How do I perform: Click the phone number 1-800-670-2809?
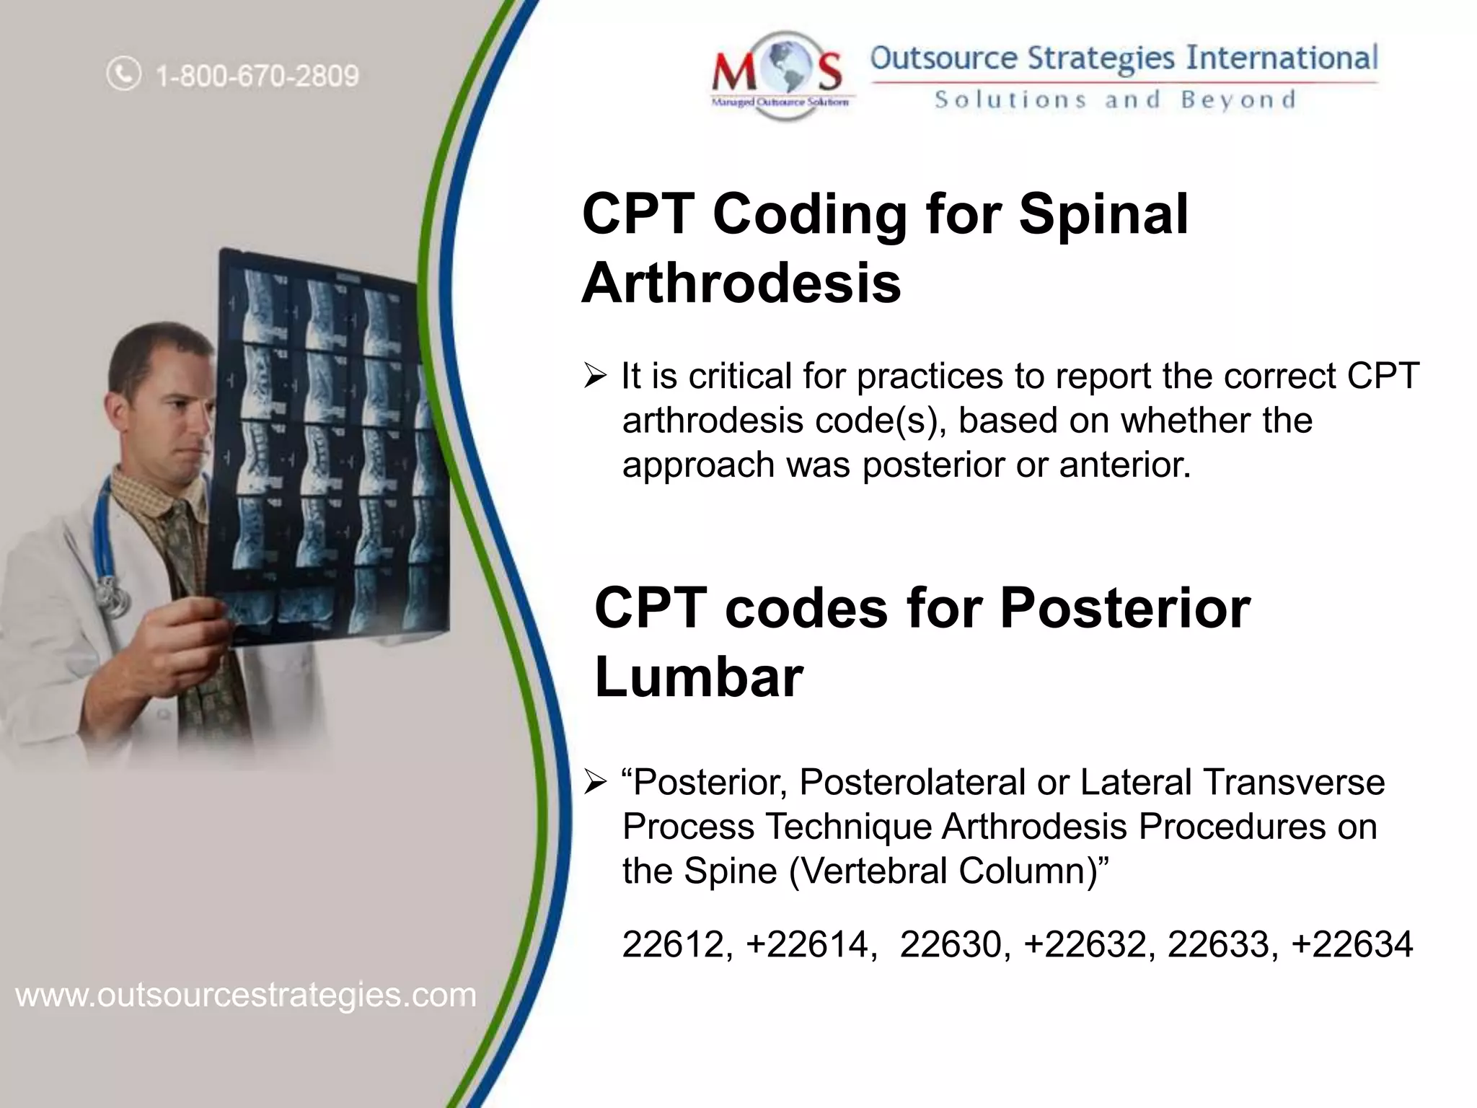257,76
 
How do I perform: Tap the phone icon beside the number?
123,74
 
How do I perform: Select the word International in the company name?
1282,58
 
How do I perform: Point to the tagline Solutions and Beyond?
1115,100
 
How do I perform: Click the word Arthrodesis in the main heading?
741,282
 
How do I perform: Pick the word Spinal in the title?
1103,214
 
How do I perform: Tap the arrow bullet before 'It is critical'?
595,377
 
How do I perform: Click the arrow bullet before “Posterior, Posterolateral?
595,782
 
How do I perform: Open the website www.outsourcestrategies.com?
246,995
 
